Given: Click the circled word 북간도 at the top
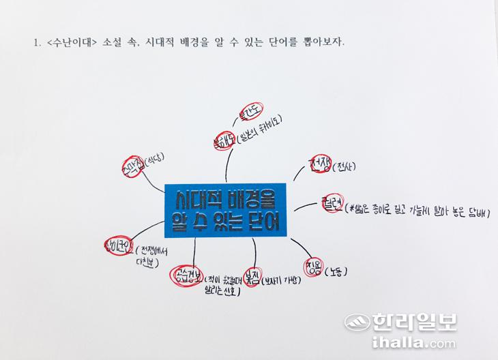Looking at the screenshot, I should click(x=251, y=112).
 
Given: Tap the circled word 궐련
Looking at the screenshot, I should click(x=331, y=204).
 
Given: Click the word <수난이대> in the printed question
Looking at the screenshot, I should click(x=71, y=42).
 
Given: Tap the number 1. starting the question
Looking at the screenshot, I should click(x=35, y=42).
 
